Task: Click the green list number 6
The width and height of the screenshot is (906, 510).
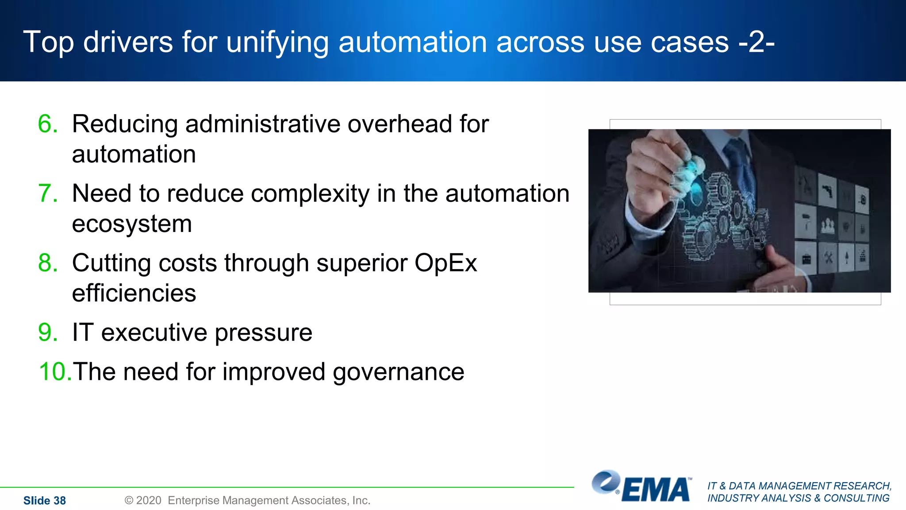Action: [48, 124]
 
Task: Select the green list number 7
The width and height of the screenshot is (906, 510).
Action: [48, 193]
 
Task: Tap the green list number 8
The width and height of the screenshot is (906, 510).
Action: [48, 263]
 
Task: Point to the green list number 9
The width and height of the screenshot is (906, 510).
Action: [48, 332]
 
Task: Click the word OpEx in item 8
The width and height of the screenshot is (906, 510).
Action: [445, 263]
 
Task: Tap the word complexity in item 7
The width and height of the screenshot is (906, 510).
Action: [310, 194]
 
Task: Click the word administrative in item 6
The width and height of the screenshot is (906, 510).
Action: [262, 124]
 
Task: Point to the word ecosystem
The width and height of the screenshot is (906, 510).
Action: [132, 224]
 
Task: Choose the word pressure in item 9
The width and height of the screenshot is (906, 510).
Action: [263, 333]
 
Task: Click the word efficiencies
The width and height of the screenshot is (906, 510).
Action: [134, 293]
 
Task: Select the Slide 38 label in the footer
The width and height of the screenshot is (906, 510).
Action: [44, 501]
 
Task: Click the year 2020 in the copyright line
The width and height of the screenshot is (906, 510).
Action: [149, 500]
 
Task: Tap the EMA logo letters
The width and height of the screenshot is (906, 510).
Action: [656, 490]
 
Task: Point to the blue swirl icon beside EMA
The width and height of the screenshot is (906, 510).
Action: [606, 482]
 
